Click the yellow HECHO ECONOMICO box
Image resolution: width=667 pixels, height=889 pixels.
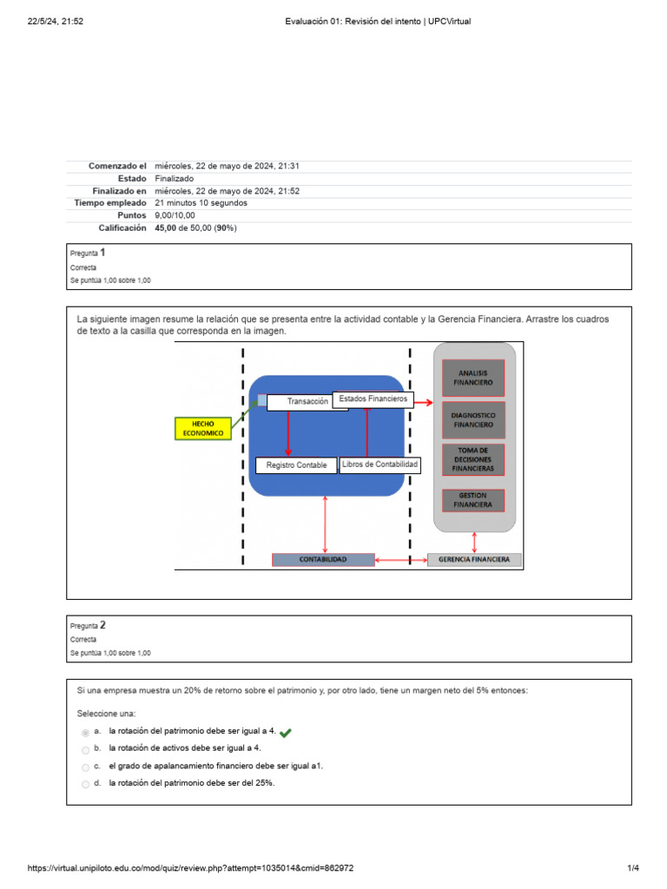[x=203, y=428]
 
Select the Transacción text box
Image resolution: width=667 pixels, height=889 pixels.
[x=307, y=402]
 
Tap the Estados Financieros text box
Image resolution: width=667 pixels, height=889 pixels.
[x=373, y=399]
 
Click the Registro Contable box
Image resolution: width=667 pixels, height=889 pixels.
[x=296, y=465]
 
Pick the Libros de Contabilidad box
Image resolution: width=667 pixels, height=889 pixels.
[x=380, y=465]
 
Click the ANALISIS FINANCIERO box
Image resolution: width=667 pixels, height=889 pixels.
[x=472, y=378]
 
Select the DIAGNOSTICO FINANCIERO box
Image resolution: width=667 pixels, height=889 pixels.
[x=472, y=420]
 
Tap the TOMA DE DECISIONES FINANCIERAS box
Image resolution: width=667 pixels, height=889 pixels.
[x=472, y=459]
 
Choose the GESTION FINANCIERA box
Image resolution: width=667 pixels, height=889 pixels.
[x=472, y=500]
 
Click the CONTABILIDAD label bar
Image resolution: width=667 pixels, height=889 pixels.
[x=323, y=560]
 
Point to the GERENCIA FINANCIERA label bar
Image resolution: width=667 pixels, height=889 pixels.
[x=475, y=560]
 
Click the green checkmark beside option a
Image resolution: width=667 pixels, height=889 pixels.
[x=286, y=733]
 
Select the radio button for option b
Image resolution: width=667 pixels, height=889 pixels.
[x=85, y=750]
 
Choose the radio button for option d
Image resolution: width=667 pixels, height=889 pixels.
[x=85, y=785]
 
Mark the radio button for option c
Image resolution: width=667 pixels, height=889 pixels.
[x=85, y=767]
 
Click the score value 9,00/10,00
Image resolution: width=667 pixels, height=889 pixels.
[x=175, y=215]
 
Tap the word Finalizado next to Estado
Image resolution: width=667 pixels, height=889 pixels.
[x=174, y=178]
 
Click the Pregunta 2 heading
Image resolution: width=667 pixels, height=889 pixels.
[x=88, y=624]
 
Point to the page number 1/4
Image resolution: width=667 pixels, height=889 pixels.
[x=632, y=868]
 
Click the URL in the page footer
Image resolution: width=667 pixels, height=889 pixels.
[x=190, y=868]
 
